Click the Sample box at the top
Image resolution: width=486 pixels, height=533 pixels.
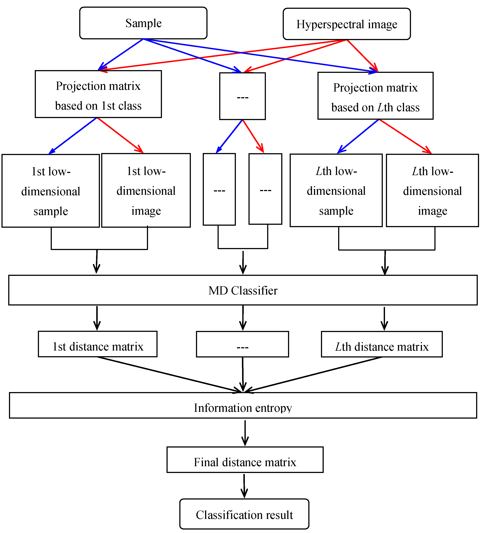pyautogui.click(x=143, y=23)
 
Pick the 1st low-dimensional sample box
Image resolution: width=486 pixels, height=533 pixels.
pyautogui.click(x=51, y=191)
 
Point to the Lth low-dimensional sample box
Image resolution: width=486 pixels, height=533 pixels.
pyautogui.click(x=336, y=190)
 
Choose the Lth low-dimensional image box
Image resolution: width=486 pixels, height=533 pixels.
pyautogui.click(x=432, y=190)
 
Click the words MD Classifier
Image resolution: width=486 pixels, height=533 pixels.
pyautogui.click(x=243, y=290)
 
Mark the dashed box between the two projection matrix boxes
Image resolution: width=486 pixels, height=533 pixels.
pyautogui.click(x=242, y=96)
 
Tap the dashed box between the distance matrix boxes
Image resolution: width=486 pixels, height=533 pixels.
pyautogui.click(x=242, y=344)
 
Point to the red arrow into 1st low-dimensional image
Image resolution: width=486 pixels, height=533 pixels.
pyautogui.click(x=120, y=135)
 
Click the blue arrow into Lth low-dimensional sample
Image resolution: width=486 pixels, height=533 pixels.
pyautogui.click(x=358, y=136)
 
